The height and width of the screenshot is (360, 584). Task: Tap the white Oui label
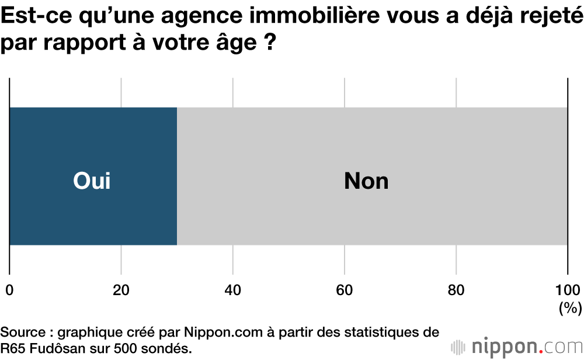click(x=92, y=181)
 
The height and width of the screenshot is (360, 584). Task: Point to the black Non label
click(x=366, y=181)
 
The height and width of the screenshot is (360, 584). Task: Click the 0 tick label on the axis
click(x=9, y=290)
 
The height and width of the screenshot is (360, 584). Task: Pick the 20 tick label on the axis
click(x=121, y=290)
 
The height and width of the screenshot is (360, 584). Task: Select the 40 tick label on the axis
click(x=232, y=290)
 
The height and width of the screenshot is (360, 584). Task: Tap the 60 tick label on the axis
click(x=345, y=290)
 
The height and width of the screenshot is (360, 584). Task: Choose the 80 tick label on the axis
click(x=456, y=290)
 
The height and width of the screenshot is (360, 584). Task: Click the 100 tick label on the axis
click(x=567, y=290)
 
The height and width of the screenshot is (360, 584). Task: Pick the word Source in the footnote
click(x=23, y=333)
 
